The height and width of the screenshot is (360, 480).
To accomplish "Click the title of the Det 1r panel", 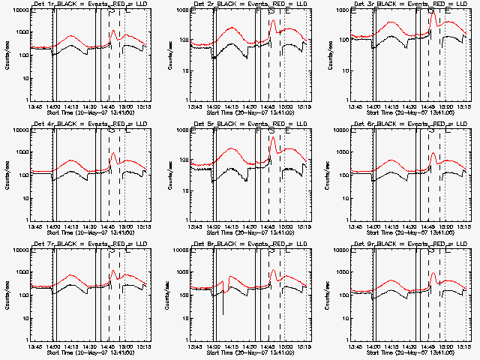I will [x=88, y=5].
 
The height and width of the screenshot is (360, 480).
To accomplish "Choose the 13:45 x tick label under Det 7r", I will [x=33, y=346].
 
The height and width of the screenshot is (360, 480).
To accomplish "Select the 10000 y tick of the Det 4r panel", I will [x=18, y=130].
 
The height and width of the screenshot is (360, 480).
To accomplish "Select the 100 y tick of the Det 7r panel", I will [x=21, y=295].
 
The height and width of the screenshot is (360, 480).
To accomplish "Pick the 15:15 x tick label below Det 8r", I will [x=304, y=346].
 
